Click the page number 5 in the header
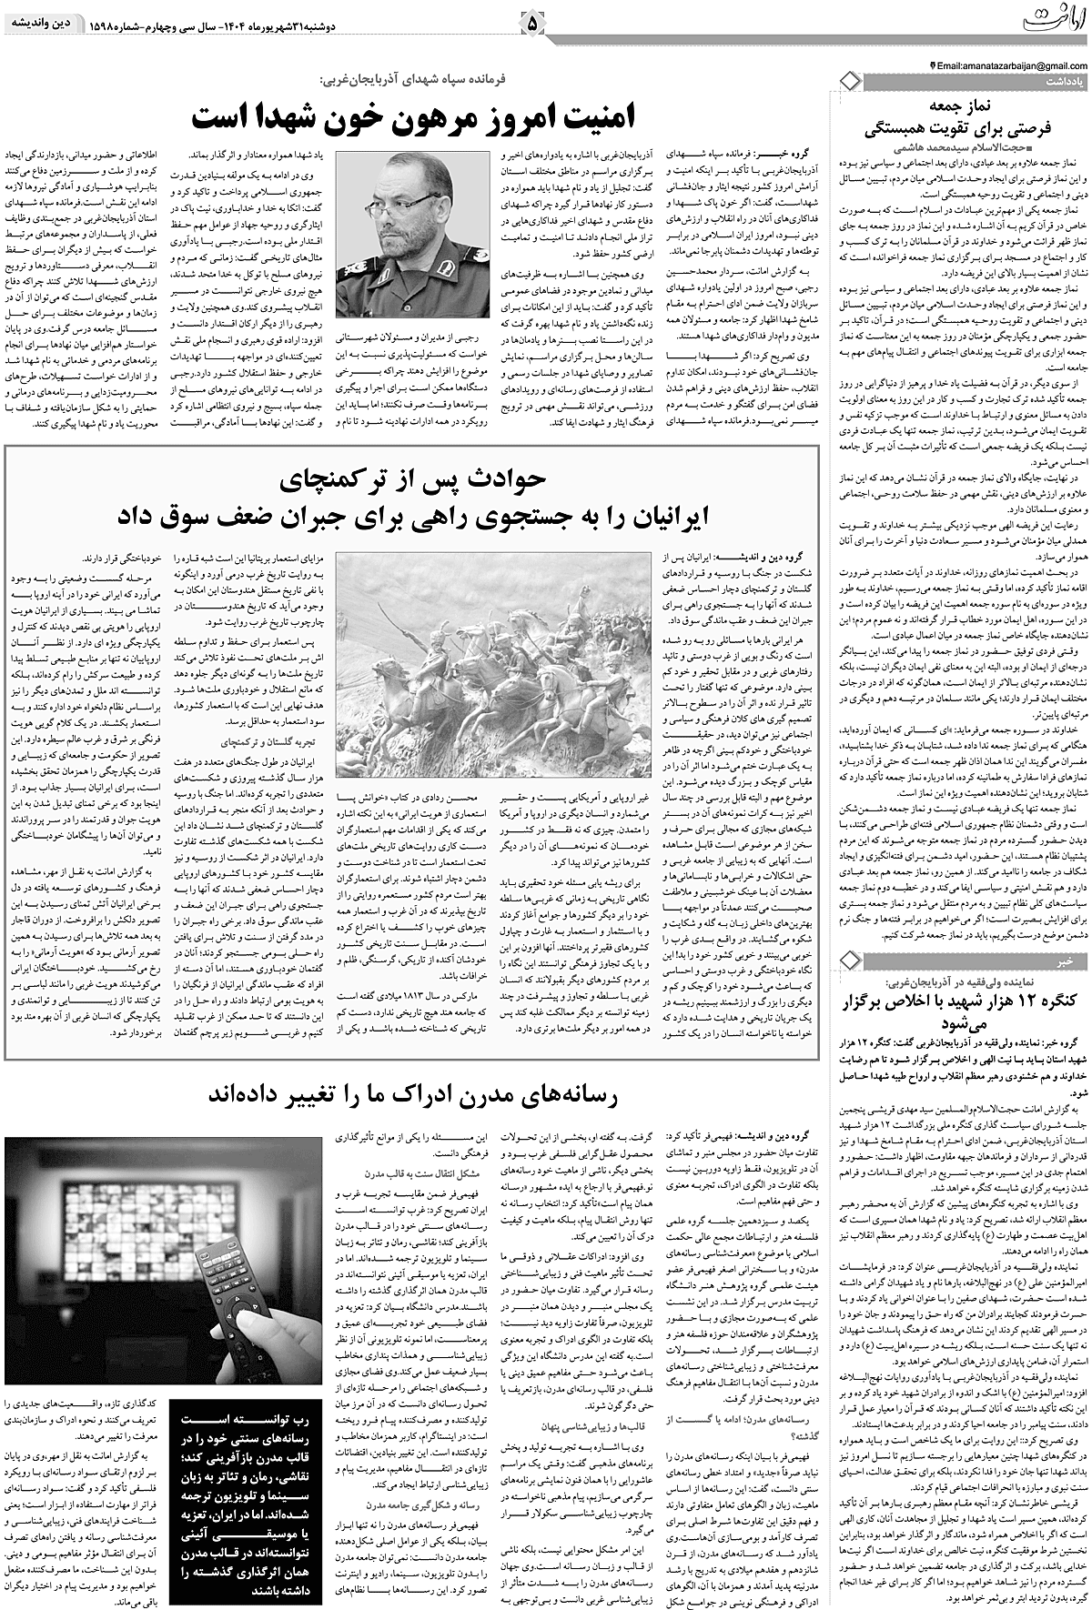[x=532, y=19]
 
